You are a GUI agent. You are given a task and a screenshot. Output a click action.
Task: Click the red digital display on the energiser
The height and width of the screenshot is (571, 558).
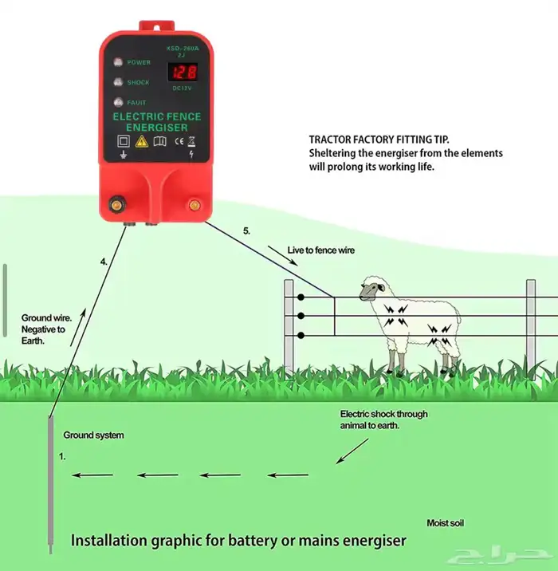click(x=183, y=73)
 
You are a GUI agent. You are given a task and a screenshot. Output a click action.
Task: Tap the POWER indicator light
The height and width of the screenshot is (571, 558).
click(x=117, y=62)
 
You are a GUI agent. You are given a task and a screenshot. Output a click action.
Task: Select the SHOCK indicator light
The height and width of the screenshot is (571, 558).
click(x=117, y=82)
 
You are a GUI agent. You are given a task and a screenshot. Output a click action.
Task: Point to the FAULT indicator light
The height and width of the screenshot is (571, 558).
click(x=117, y=102)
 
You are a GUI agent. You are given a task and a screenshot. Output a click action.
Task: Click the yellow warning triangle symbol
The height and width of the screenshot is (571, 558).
click(x=141, y=141)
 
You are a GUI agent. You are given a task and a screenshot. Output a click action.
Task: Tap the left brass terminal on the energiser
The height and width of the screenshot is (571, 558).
click(x=117, y=205)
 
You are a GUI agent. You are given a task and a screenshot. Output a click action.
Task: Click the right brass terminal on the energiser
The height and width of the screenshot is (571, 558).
click(x=194, y=205)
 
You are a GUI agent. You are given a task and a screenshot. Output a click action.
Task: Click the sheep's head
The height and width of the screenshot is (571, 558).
click(x=371, y=288)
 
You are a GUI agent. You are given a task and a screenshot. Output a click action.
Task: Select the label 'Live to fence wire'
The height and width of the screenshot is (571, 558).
click(x=321, y=250)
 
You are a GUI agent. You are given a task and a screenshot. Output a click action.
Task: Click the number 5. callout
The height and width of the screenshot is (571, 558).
click(x=247, y=230)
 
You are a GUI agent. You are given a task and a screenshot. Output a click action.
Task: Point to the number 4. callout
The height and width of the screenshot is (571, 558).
click(x=104, y=261)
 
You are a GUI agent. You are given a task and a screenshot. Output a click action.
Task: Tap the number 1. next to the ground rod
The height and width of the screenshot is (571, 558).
click(x=62, y=457)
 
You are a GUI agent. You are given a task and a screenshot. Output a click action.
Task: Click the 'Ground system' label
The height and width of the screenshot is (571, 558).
click(x=94, y=435)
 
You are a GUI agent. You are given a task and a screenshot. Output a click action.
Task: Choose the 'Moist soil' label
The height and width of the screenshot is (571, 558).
click(x=445, y=523)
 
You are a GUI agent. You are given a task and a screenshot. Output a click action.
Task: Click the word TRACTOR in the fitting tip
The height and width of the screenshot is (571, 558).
click(x=331, y=139)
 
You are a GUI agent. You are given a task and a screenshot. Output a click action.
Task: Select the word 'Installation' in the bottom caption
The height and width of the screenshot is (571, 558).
click(x=110, y=540)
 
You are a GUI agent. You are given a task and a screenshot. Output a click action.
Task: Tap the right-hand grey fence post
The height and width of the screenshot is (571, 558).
click(x=531, y=325)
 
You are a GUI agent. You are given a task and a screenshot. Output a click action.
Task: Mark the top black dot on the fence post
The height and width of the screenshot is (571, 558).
click(x=301, y=297)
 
